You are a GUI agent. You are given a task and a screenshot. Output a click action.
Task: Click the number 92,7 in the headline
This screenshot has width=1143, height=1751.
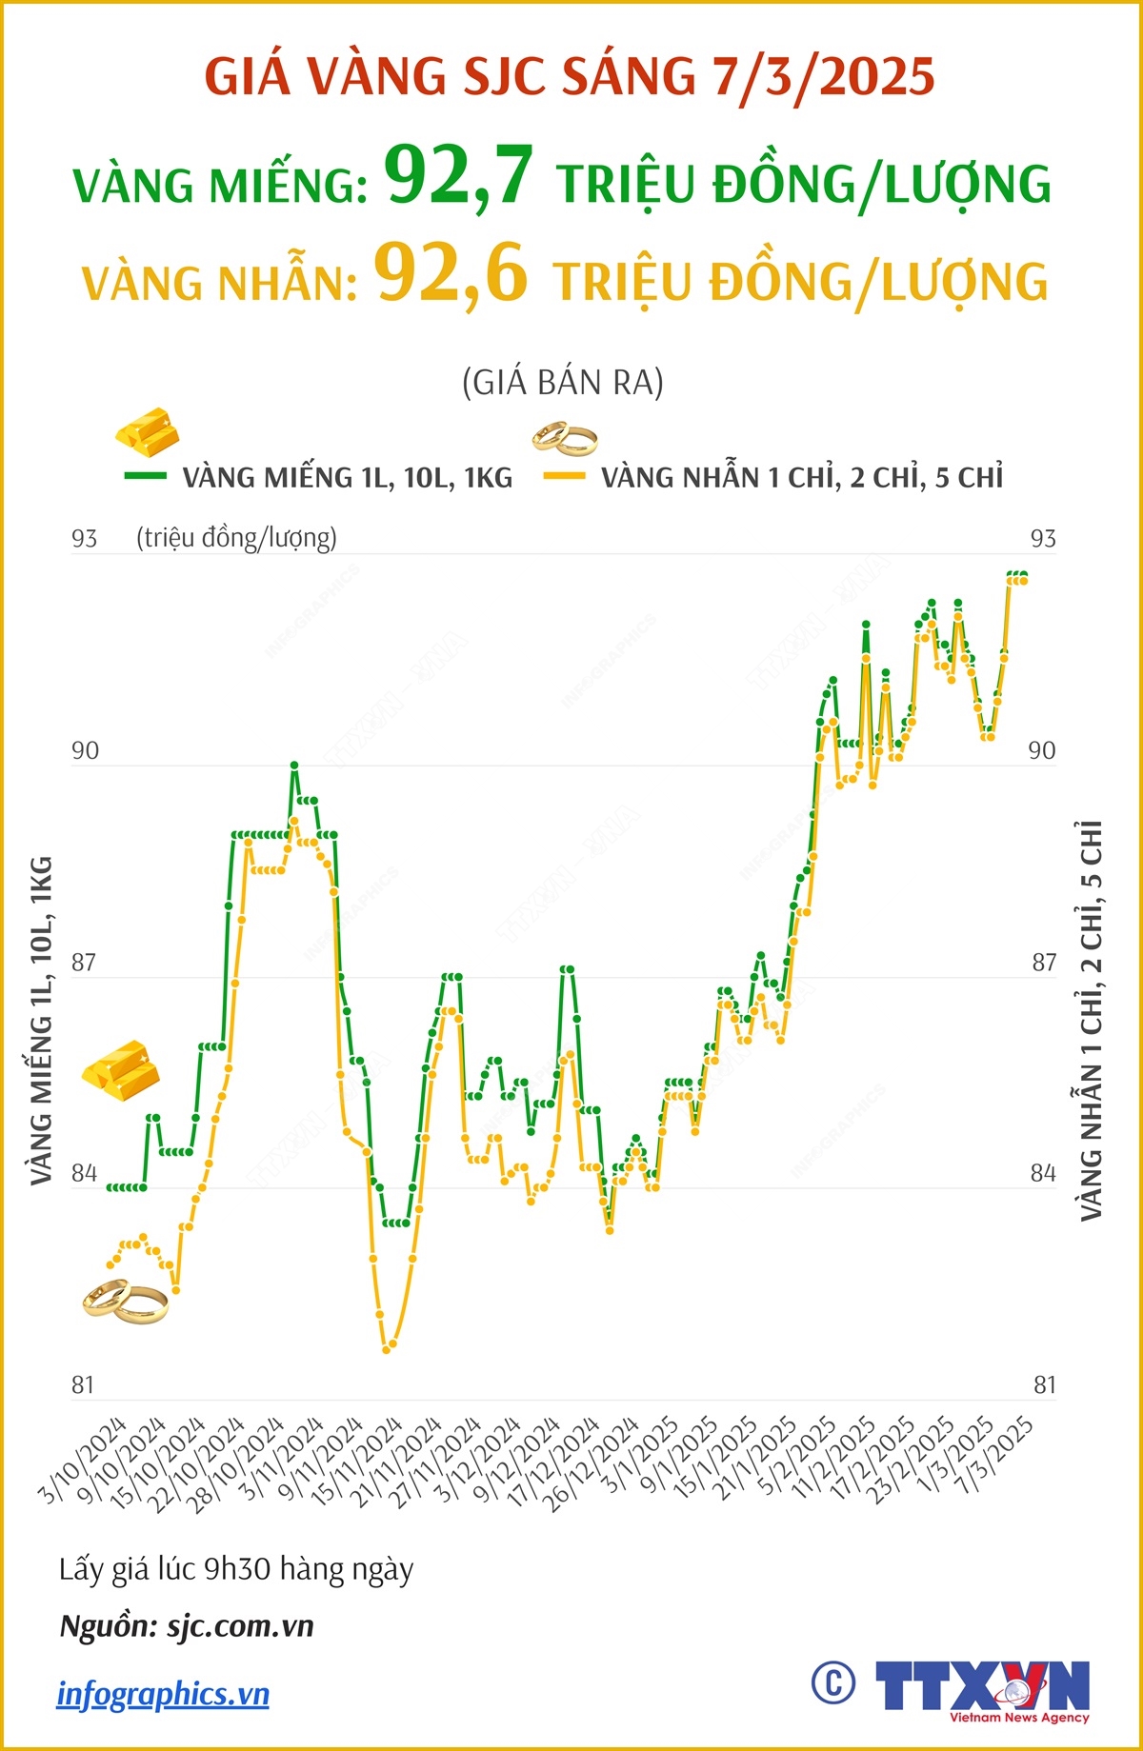coord(458,176)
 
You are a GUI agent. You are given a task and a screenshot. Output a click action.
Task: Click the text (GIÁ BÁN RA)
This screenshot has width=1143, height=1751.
coord(563,383)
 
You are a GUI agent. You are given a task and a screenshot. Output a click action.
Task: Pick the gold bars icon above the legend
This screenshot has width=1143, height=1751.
coord(148,431)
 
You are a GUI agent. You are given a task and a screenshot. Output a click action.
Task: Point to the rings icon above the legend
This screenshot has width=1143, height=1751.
coord(565,439)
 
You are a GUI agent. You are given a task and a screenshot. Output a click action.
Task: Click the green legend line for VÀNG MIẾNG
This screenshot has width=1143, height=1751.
coord(145,475)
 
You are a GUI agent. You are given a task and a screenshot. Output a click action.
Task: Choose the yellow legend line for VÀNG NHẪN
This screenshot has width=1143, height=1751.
coord(563,475)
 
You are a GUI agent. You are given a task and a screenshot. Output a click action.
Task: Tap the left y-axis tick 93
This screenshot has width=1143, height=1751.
coord(84,539)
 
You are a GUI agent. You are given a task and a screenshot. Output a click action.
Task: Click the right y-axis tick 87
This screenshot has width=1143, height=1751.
coord(1044,963)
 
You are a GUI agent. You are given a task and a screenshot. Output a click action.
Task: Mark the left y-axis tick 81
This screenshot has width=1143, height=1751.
coord(83,1385)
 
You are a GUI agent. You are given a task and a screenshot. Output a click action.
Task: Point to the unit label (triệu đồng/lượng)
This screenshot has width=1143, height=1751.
coord(236,538)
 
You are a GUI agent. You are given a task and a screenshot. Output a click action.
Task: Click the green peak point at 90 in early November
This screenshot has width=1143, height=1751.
coord(294,765)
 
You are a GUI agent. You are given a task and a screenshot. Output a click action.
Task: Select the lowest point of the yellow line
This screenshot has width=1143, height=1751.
coord(386,1349)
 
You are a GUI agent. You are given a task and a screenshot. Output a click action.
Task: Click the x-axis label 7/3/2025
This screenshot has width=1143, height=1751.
coord(995,1455)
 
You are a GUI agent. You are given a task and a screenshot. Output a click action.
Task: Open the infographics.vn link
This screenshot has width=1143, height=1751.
coord(163,1694)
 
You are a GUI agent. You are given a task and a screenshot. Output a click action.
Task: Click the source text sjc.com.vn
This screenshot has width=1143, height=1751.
coord(240,1626)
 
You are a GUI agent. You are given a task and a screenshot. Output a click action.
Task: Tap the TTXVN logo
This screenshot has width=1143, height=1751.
coord(981,1688)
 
